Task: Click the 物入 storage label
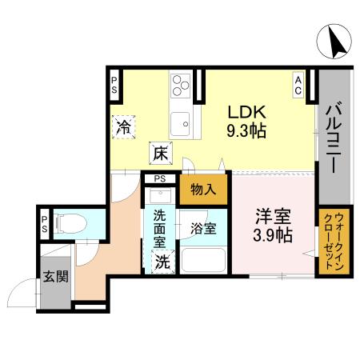[x=204, y=190]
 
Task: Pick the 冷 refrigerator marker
[x=124, y=126]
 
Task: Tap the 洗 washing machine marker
[x=162, y=261]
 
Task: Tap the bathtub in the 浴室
[x=203, y=260]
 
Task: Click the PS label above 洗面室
[x=160, y=178]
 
